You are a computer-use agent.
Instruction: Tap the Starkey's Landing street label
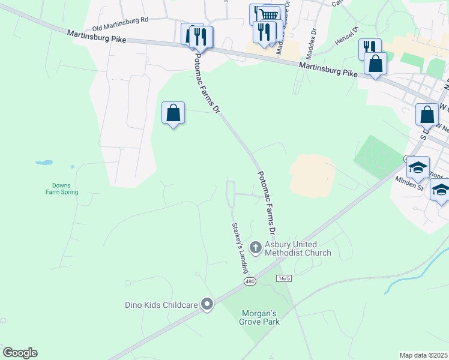(x=240, y=248)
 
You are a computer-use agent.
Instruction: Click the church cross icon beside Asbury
(x=256, y=247)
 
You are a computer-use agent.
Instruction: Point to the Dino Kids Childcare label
(x=161, y=305)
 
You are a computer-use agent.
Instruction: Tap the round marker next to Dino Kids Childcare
(x=207, y=305)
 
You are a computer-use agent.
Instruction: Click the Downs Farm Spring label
(x=62, y=189)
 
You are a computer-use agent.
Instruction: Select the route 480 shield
(x=250, y=281)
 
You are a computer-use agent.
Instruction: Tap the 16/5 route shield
(x=285, y=278)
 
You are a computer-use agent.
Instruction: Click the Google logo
(x=20, y=353)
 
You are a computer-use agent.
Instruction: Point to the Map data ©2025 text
(x=423, y=355)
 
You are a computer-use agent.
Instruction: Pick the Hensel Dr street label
(x=346, y=38)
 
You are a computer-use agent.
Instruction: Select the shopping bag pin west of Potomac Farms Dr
(x=173, y=112)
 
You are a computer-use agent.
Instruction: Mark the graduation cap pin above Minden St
(x=418, y=166)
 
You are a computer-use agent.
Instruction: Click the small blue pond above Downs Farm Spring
(x=44, y=162)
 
